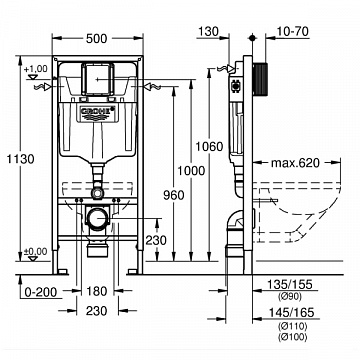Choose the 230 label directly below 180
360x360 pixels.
(x=96, y=311)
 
